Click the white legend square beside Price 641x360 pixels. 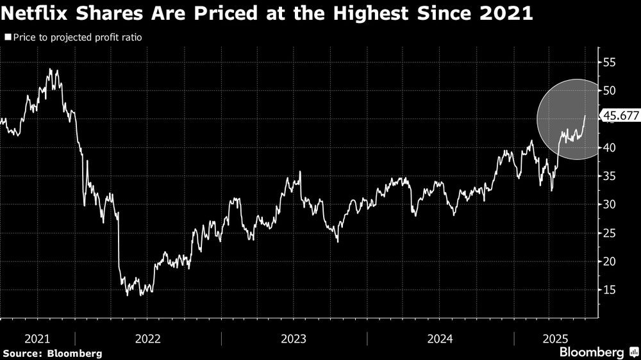(x=7, y=38)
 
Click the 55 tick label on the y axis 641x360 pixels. (x=608, y=62)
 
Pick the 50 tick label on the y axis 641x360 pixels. (x=608, y=90)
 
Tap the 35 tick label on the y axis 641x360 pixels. (x=608, y=176)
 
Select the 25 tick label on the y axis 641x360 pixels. (x=608, y=233)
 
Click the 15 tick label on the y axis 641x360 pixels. (x=608, y=290)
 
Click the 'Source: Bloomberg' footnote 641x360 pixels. (x=53, y=353)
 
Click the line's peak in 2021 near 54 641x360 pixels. (x=49, y=69)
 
